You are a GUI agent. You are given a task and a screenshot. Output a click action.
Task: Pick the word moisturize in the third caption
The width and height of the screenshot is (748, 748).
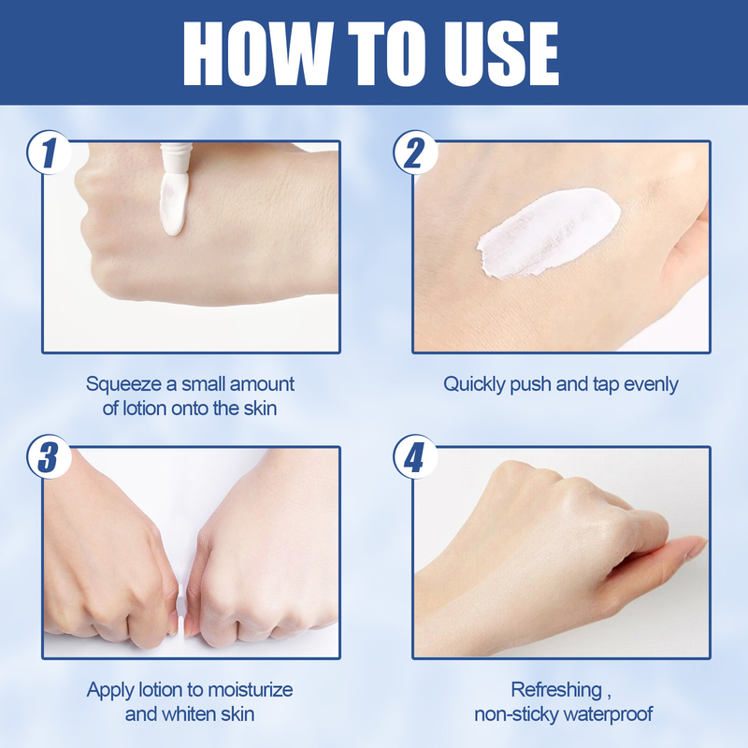click(246, 690)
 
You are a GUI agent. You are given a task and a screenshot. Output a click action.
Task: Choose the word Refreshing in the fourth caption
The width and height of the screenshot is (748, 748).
click(556, 690)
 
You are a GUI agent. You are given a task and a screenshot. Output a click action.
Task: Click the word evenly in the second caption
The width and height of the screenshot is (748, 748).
click(647, 384)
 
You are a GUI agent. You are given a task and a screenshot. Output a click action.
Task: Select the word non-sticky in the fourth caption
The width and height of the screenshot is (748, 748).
click(512, 714)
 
